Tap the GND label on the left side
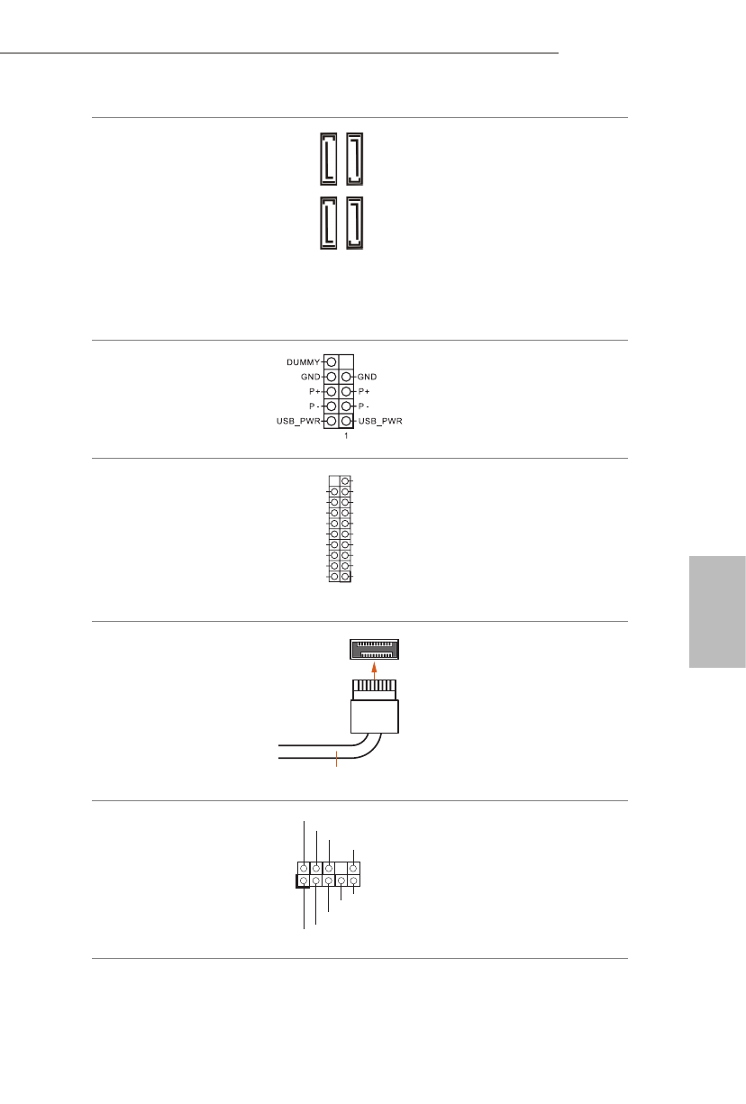coord(310,377)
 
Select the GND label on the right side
coord(368,377)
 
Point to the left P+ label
coord(314,392)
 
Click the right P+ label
coord(364,392)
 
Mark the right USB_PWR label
coord(381,422)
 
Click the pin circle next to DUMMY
coord(331,362)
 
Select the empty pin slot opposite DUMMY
coord(347,362)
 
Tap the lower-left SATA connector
coord(330,222)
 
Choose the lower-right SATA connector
coord(356,222)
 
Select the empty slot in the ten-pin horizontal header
coord(341,868)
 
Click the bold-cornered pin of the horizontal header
coord(304,880)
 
